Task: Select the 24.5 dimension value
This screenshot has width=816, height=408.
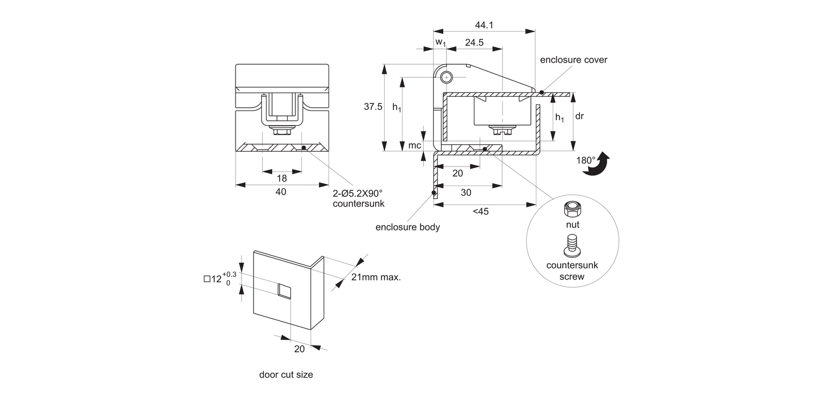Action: point(474,43)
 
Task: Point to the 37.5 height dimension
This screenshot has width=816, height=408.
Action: point(373,107)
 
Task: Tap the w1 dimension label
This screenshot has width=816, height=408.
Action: point(440,42)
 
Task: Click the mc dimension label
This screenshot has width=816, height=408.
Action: point(415,146)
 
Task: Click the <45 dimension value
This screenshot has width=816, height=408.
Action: point(480,212)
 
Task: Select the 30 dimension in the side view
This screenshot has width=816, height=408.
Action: point(466,193)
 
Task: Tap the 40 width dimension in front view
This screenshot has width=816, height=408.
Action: point(281,191)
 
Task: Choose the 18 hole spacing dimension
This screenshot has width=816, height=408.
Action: point(281,178)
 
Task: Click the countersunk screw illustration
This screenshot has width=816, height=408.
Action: point(572,246)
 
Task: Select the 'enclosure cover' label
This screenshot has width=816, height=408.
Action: point(573,60)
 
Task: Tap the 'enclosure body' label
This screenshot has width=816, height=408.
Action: point(407,227)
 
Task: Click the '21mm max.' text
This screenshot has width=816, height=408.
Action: point(376,277)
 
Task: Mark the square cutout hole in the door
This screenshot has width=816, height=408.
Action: point(284,290)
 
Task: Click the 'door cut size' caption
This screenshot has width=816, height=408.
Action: point(286,374)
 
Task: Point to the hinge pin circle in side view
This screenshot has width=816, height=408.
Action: point(447,77)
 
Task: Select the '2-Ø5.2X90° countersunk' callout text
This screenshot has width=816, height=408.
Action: point(358,199)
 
